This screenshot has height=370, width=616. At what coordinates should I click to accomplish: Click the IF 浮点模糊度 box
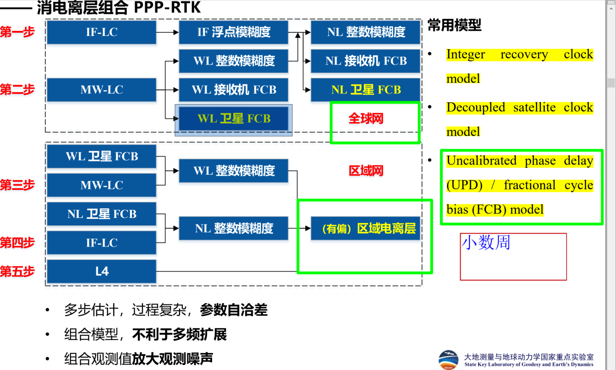[x=233, y=32]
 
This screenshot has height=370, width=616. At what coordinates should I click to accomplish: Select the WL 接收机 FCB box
[x=233, y=89]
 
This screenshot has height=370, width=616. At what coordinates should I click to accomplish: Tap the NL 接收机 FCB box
[x=366, y=61]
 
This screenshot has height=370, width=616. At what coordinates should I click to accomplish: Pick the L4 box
[x=101, y=271]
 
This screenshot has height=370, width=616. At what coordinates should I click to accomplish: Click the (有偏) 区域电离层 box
[x=366, y=229]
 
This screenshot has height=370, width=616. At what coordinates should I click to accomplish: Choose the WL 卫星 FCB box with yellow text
[x=233, y=119]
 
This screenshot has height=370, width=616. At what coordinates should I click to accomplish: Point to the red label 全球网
[x=366, y=118]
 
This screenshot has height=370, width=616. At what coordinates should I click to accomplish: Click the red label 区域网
[x=366, y=171]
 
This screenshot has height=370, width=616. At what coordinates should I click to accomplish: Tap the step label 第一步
[x=18, y=32]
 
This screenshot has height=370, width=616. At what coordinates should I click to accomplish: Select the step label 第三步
[x=18, y=185]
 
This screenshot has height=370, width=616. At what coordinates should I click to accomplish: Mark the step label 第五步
[x=18, y=271]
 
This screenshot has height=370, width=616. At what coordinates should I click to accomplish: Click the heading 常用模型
[x=454, y=25]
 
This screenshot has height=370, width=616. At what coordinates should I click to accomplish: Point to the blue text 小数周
[x=486, y=242]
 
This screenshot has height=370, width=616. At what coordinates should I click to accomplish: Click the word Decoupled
[x=476, y=107]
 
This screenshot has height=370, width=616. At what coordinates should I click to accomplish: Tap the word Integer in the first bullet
[x=466, y=54]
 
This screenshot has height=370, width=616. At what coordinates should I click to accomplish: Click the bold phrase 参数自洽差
[x=233, y=310]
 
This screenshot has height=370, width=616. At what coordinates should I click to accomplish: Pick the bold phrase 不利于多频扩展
[x=179, y=335]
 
